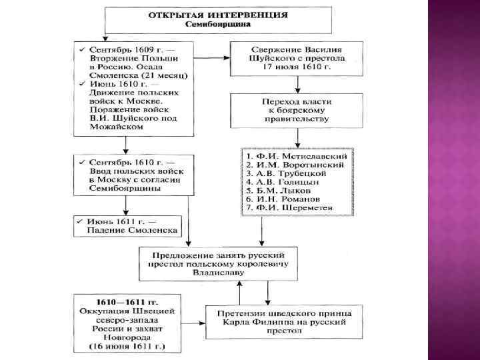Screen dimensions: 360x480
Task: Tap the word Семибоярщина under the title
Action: click(x=219, y=24)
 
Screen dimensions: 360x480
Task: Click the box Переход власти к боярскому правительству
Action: click(x=297, y=109)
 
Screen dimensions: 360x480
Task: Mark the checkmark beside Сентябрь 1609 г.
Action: click(x=80, y=51)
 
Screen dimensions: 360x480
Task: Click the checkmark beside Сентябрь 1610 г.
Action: click(x=80, y=162)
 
